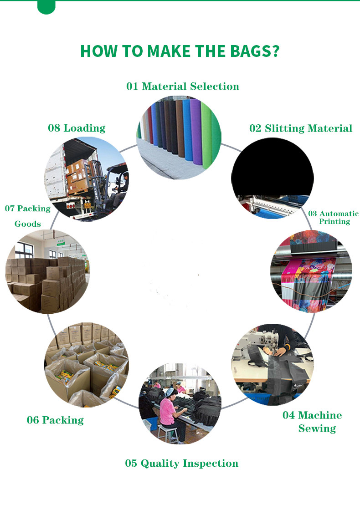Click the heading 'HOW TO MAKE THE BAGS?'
pyautogui.click(x=180, y=51)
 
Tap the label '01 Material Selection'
pyautogui.click(x=182, y=87)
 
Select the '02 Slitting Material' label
pyautogui.click(x=301, y=128)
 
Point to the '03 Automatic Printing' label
pyautogui.click(x=333, y=218)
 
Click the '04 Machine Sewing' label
pyautogui.click(x=312, y=422)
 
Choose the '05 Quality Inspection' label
pyautogui.click(x=182, y=463)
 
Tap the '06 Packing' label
pyautogui.click(x=55, y=420)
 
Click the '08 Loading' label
pyautogui.click(x=77, y=128)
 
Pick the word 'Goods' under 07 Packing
pyautogui.click(x=27, y=224)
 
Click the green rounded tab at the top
pyautogui.click(x=46, y=7)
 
